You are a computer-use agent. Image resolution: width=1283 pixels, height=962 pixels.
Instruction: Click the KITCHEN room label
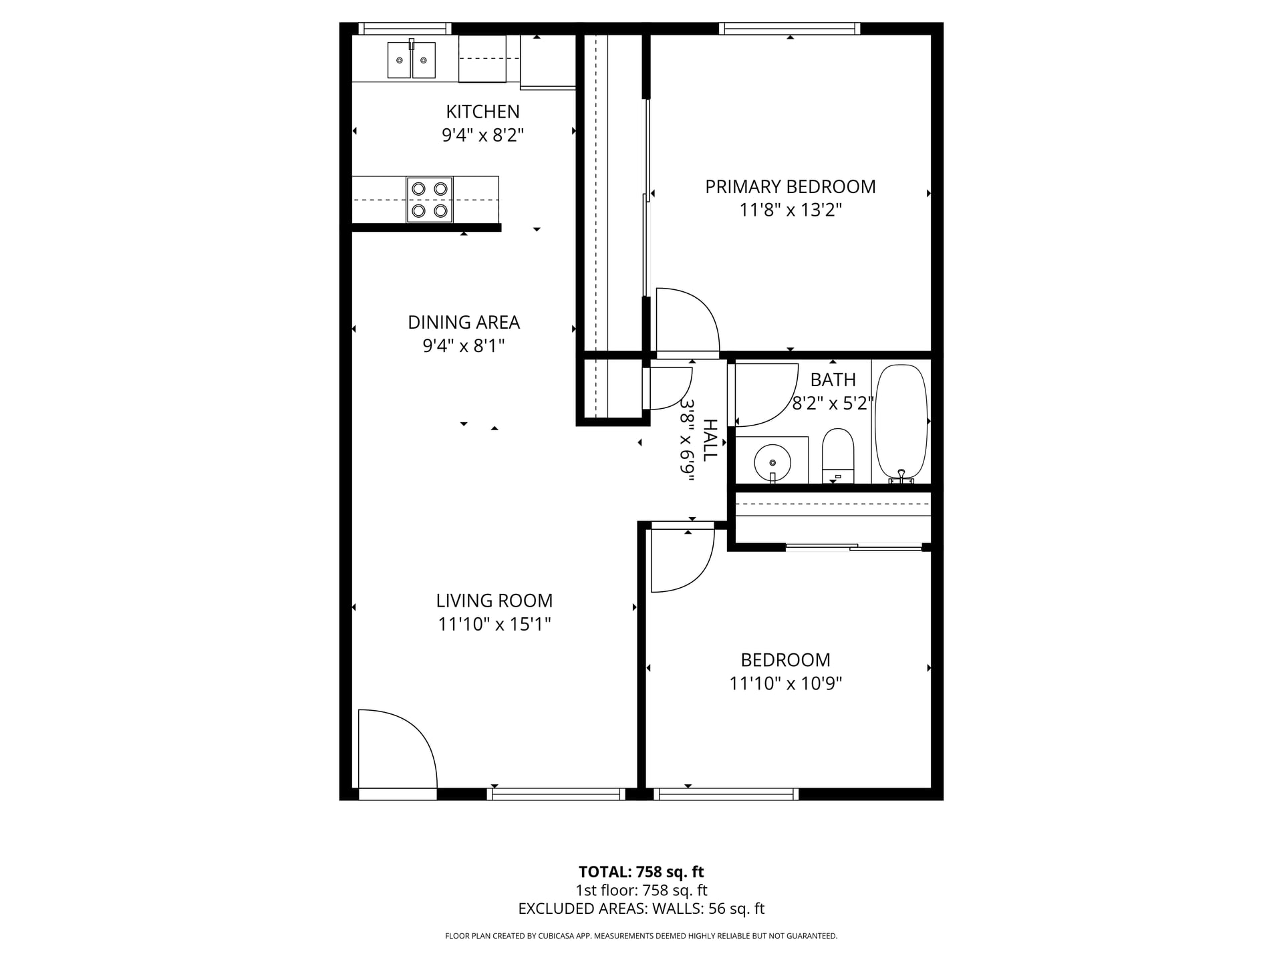pos(482,112)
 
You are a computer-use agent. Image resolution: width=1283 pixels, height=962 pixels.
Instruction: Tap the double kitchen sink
pos(412,59)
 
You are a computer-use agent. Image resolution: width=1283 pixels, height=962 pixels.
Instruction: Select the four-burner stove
pos(430,200)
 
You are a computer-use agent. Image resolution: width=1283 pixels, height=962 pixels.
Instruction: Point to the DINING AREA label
pos(464,322)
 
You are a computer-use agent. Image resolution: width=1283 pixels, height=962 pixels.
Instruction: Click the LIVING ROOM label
pos(494,601)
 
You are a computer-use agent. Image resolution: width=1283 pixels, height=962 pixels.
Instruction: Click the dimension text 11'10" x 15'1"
pos(494,624)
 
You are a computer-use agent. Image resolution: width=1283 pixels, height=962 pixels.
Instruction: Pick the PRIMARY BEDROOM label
pos(791,186)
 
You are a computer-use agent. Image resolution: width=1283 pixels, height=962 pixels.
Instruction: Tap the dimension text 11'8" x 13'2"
pos(791,210)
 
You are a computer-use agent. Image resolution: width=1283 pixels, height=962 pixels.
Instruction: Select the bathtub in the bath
pos(901,423)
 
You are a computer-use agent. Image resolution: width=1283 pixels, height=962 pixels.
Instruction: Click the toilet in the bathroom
pos(838,456)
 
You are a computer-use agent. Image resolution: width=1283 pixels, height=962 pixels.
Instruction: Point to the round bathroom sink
pos(772,462)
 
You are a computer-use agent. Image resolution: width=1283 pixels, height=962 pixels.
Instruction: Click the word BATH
pos(833,379)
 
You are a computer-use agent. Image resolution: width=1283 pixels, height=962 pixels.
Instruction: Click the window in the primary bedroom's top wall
pos(789,28)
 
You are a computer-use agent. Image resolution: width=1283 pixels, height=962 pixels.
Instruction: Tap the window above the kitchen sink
pos(404,28)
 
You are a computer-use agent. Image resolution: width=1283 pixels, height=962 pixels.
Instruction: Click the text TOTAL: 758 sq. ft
pos(641,872)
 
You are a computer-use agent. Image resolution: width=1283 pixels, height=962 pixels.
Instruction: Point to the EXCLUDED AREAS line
pos(641,909)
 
